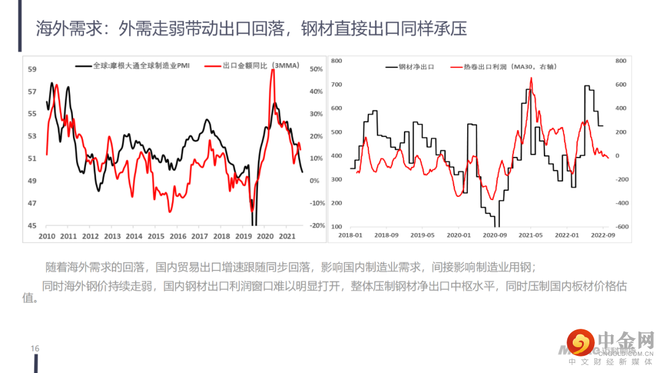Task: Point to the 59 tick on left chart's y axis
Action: coord(33,69)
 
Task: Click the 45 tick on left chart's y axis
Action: coord(33,226)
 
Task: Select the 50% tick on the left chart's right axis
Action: coord(316,69)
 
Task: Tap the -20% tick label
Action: coord(316,226)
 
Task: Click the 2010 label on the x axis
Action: coord(47,236)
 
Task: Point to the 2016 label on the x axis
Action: coord(178,236)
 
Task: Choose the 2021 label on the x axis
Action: coord(287,236)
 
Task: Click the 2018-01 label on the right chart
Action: coord(351,235)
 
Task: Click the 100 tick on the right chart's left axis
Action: coord(336,226)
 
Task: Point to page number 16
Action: coord(35,348)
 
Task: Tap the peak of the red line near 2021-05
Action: coord(531,78)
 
